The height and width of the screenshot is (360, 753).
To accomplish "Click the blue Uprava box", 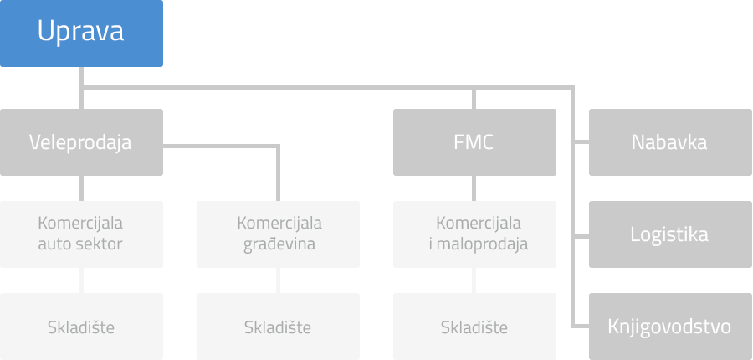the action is [81, 33].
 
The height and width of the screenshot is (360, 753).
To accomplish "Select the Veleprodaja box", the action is [81, 142].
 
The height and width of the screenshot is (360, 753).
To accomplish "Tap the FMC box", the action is [474, 142].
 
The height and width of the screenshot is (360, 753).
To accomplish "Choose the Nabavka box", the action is [670, 142].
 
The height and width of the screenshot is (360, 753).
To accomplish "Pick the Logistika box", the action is [670, 234].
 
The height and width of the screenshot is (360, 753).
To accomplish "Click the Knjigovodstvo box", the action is [670, 327].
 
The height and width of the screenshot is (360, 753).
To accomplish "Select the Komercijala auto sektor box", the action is [81, 234].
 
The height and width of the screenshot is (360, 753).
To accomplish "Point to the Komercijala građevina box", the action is [278, 234].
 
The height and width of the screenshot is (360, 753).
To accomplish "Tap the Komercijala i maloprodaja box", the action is [474, 234].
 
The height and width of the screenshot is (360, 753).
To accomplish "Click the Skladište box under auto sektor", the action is [81, 327].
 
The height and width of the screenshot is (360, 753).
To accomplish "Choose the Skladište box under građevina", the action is [278, 327].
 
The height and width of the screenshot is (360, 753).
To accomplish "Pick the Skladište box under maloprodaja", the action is [474, 327].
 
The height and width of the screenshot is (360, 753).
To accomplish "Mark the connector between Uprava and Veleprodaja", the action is [82, 88].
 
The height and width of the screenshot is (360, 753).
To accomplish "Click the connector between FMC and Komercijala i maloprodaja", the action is [474, 188].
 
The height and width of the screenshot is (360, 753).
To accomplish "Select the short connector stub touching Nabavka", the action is [581, 142].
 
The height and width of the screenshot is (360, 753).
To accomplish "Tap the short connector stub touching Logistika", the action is [581, 236].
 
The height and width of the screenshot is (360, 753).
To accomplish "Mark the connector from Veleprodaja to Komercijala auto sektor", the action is [82, 188].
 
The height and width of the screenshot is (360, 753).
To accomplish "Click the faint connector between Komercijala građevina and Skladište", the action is [278, 280].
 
